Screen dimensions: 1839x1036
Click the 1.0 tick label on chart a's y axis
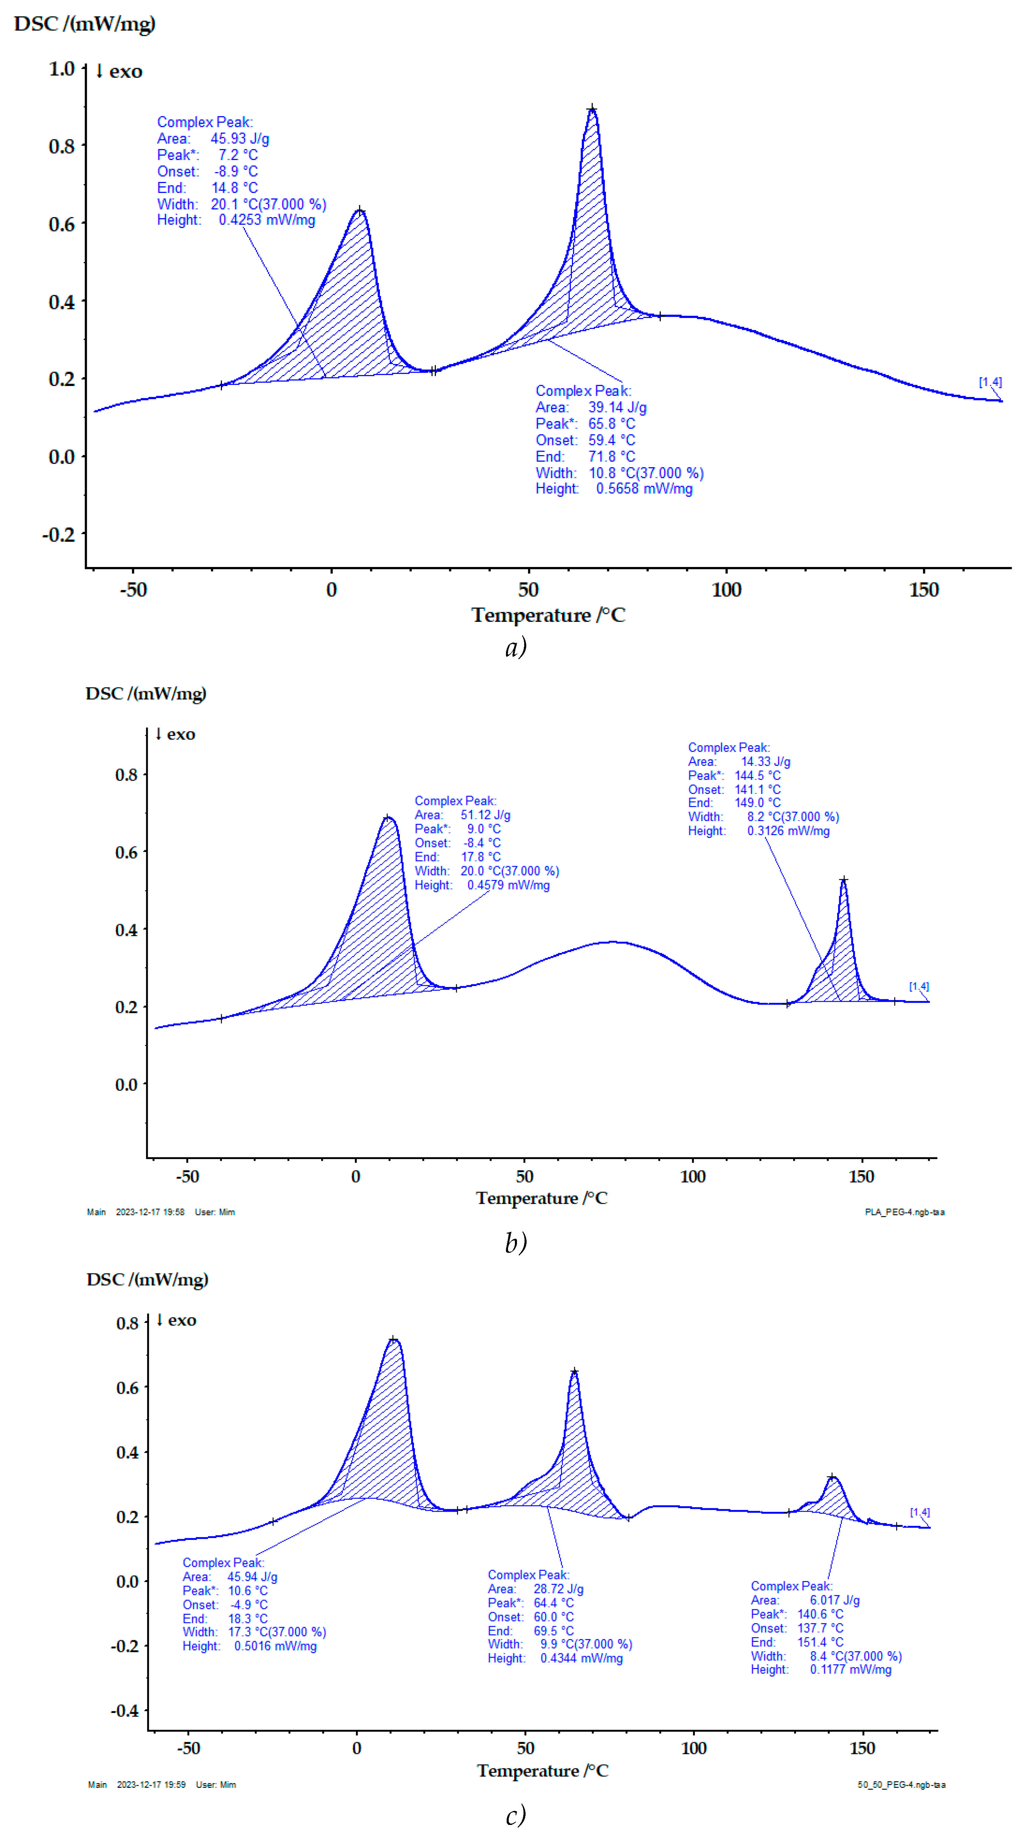(61, 69)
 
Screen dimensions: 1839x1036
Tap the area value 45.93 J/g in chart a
(239, 138)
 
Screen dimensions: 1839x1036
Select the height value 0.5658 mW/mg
(644, 489)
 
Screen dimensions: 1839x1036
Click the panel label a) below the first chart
(516, 647)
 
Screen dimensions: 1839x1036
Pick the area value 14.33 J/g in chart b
(765, 762)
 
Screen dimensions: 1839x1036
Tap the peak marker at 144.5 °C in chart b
(843, 880)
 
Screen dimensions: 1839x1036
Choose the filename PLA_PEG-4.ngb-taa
(904, 1212)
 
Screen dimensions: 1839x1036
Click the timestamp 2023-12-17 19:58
(150, 1212)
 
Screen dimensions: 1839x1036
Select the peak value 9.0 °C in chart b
(483, 829)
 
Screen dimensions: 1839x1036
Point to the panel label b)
(516, 1243)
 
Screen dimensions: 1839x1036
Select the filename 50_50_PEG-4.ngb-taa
(901, 1785)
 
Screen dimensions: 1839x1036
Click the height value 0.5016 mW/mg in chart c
(275, 1646)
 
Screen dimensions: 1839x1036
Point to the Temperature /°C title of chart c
(543, 1771)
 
